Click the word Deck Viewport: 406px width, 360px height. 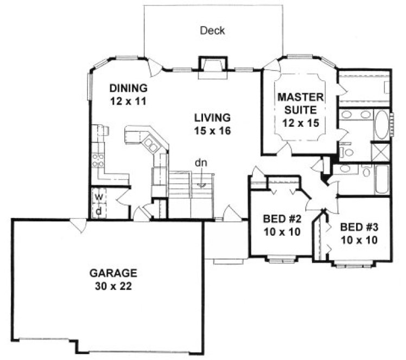tap(212, 31)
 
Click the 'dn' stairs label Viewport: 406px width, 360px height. tap(201, 162)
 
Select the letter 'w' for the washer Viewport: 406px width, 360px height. tap(99, 196)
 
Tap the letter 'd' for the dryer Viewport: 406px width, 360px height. tap(99, 210)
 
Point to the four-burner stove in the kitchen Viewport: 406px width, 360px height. tap(98, 159)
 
